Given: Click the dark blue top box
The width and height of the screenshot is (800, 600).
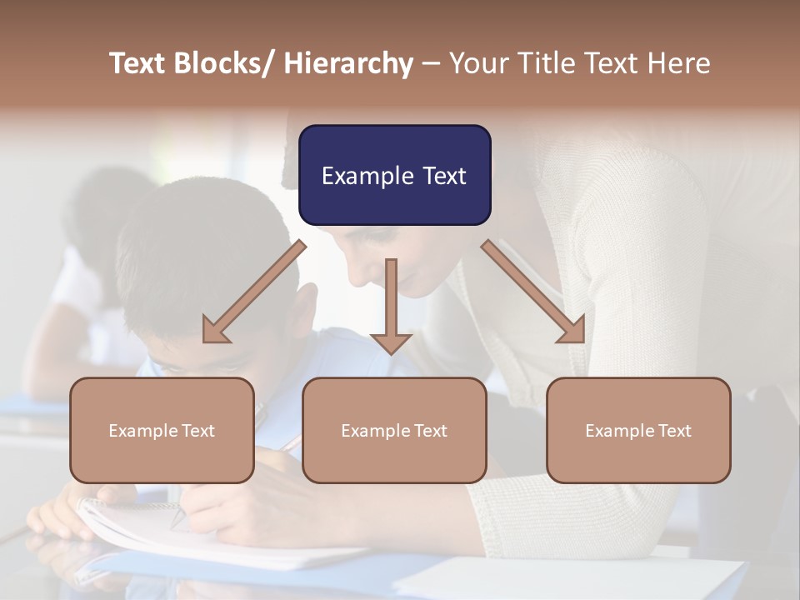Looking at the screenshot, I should tap(394, 175).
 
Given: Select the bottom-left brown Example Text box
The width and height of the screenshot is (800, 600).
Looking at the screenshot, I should tap(162, 430).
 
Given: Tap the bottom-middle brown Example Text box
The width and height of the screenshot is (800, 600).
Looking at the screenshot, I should tap(394, 430).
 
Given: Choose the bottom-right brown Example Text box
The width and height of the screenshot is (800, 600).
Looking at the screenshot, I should tap(638, 430).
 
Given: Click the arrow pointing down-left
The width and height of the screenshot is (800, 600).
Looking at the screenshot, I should tap(253, 292).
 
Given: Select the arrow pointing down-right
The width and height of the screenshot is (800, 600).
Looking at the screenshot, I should tap(534, 292).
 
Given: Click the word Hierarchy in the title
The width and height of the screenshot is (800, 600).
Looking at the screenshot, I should tap(348, 63).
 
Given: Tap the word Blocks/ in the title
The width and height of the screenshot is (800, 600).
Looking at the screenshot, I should tap(226, 63).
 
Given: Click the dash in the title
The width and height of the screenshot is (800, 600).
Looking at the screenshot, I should tap(431, 65).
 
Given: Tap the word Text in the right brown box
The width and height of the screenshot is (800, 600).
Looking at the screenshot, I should tap(674, 431).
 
